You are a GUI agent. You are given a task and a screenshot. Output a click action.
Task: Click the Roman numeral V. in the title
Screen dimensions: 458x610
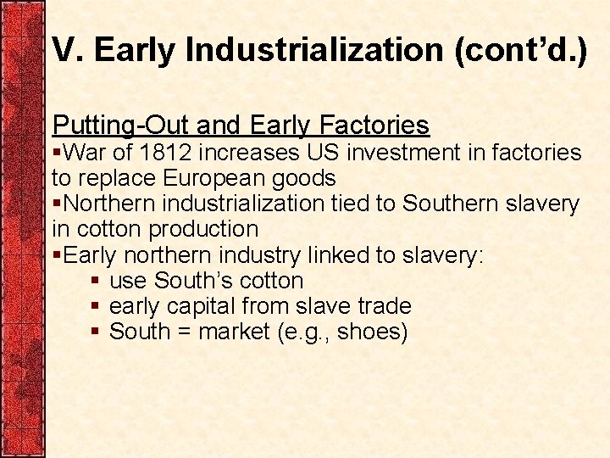[67, 50]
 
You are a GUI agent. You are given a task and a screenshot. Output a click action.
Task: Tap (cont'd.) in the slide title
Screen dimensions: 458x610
[520, 50]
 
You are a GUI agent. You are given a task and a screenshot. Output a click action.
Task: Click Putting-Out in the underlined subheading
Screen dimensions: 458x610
[119, 126]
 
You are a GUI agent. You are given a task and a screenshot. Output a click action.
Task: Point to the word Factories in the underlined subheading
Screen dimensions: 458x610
[374, 126]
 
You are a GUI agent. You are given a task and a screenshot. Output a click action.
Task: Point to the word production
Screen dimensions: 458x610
[203, 229]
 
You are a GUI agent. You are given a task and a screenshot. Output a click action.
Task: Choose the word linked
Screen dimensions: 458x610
[331, 254]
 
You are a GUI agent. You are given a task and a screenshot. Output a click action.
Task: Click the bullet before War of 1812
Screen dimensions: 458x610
[57, 154]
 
